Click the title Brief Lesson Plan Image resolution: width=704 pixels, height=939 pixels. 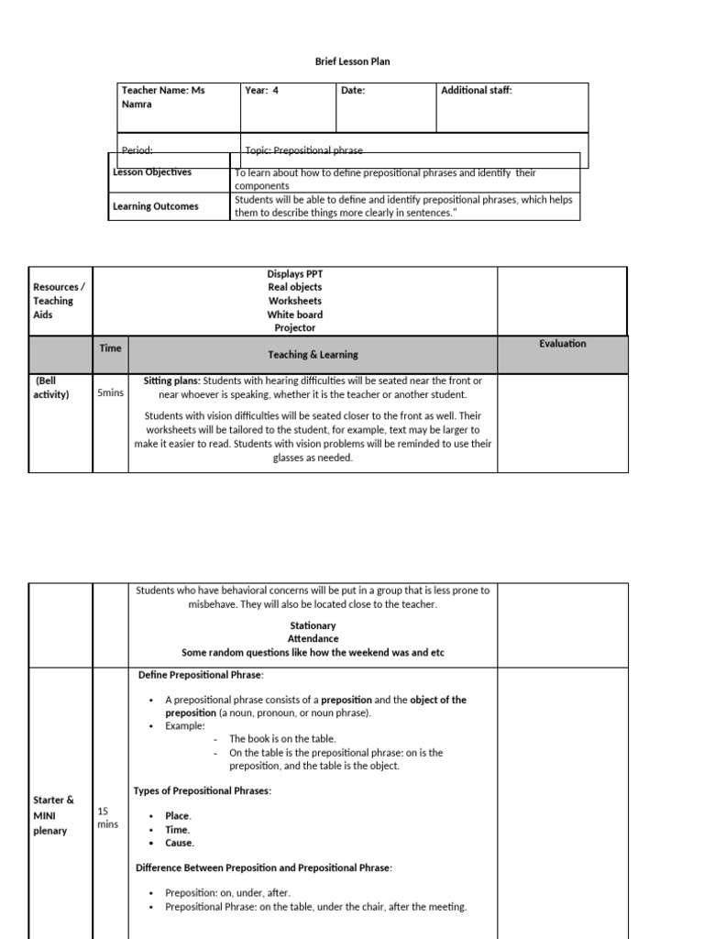(x=353, y=61)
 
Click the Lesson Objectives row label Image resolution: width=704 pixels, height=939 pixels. (x=152, y=172)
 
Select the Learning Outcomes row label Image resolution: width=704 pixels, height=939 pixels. (x=156, y=206)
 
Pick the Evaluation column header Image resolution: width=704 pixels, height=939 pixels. (x=562, y=344)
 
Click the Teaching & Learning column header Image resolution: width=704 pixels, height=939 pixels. (x=313, y=355)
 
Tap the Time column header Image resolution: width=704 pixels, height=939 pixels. (x=110, y=348)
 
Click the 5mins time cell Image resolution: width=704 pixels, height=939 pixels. (x=110, y=393)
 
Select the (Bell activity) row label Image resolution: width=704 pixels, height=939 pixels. (x=51, y=388)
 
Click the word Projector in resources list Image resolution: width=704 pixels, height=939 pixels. (x=294, y=328)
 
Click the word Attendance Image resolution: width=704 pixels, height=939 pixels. (x=313, y=639)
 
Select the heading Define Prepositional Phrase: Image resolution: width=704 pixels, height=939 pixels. (x=201, y=675)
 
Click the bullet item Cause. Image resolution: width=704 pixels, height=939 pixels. (x=180, y=843)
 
